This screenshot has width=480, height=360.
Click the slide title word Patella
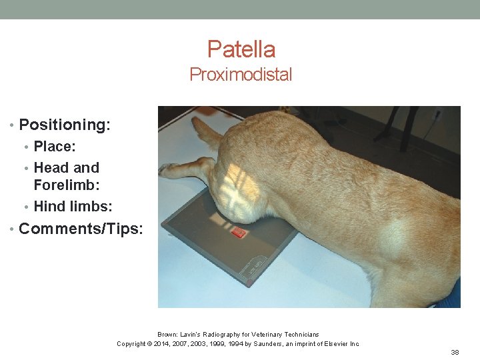[241, 49]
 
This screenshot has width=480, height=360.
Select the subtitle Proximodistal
[241, 75]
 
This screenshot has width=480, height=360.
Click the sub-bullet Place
[55, 146]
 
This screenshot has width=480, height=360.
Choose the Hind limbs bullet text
[73, 206]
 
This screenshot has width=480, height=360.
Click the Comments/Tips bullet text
[81, 229]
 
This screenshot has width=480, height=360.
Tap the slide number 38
[455, 351]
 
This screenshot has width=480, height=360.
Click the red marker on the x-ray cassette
[238, 233]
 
